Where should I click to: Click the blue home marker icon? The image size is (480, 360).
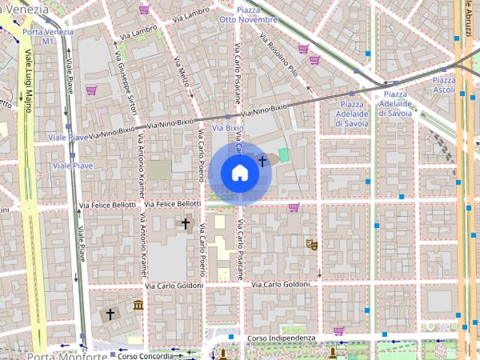pyautogui.click(x=239, y=172)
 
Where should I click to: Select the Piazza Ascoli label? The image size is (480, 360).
pyautogui.click(x=443, y=85)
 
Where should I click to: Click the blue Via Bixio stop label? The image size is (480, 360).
pyautogui.click(x=228, y=128)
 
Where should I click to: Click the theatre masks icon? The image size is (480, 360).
pyautogui.click(x=311, y=244)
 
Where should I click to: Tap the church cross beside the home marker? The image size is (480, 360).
pyautogui.click(x=262, y=160)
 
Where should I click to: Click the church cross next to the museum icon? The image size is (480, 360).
pyautogui.click(x=110, y=313)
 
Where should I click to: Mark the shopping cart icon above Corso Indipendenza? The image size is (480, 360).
pyautogui.click(x=339, y=330)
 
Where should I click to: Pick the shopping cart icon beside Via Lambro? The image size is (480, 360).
pyautogui.click(x=144, y=10)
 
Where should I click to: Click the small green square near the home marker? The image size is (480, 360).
pyautogui.click(x=283, y=154)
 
